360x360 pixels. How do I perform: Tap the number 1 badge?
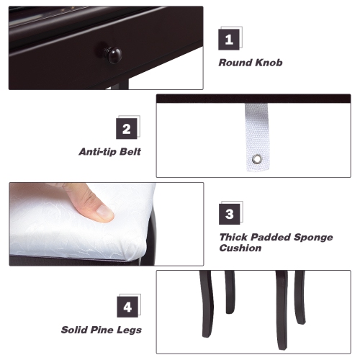point(229,39)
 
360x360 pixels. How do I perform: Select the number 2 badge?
point(127,129)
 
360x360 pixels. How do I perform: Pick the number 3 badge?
point(229,214)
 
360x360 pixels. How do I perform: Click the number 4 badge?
point(127,307)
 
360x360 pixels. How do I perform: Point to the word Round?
point(235,63)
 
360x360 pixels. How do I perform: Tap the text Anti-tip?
point(99,152)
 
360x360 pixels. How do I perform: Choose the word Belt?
point(131,152)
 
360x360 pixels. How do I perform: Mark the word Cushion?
point(240,248)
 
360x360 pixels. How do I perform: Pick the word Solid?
point(76,330)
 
